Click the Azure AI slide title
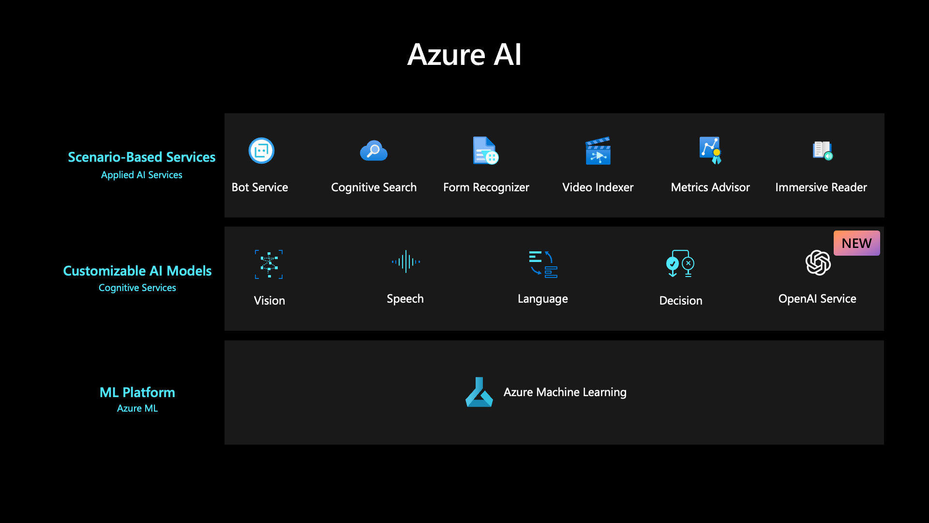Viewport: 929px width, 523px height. pyautogui.click(x=464, y=54)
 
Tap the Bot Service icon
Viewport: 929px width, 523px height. pyautogui.click(x=261, y=151)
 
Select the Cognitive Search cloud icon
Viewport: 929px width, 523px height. pyautogui.click(x=374, y=151)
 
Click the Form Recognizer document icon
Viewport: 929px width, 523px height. pyautogui.click(x=485, y=151)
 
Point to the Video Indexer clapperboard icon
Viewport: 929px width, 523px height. pyautogui.click(x=598, y=151)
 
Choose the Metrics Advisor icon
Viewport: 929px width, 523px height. pyautogui.click(x=710, y=150)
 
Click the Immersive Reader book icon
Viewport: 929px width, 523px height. pyautogui.click(x=822, y=150)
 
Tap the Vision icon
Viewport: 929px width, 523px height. pyautogui.click(x=269, y=264)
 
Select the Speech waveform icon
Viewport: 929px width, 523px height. pyautogui.click(x=405, y=262)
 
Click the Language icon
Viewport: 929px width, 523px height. pyautogui.click(x=543, y=264)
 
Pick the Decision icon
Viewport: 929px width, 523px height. pyautogui.click(x=680, y=263)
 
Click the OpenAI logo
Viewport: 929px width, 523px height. pyautogui.click(x=818, y=262)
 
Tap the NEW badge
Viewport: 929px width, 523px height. pyautogui.click(x=856, y=243)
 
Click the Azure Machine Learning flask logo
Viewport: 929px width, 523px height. pyautogui.click(x=479, y=392)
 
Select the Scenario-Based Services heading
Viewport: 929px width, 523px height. pyautogui.click(x=141, y=157)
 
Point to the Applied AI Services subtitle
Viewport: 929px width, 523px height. pyautogui.click(x=141, y=175)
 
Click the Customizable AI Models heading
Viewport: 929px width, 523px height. pyautogui.click(x=137, y=271)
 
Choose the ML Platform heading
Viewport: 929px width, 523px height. pyautogui.click(x=137, y=392)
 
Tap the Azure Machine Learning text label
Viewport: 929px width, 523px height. pyautogui.click(x=565, y=392)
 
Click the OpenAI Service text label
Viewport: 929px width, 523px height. pyautogui.click(x=817, y=299)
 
